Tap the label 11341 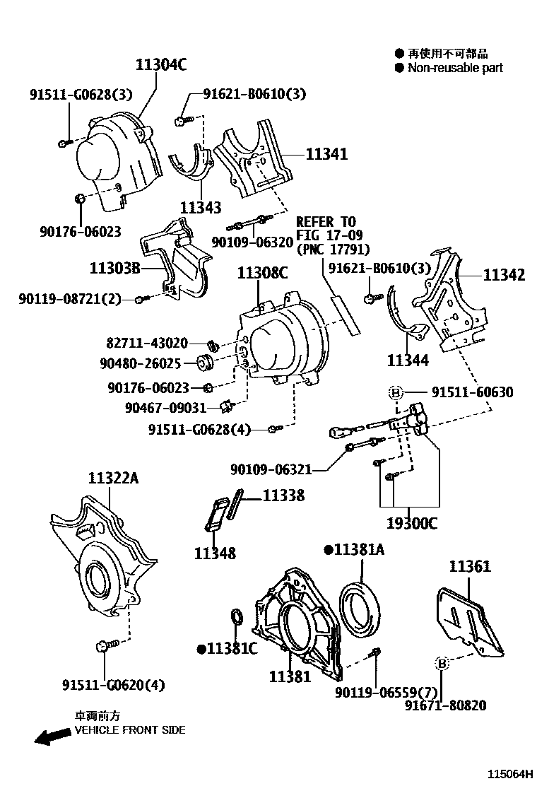[326, 154]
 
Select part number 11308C [263, 273]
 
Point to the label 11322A [113, 479]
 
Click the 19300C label [411, 524]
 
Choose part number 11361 [470, 566]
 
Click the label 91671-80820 [445, 705]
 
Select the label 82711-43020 [148, 344]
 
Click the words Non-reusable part [455, 68]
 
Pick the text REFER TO [326, 222]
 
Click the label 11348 [215, 553]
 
